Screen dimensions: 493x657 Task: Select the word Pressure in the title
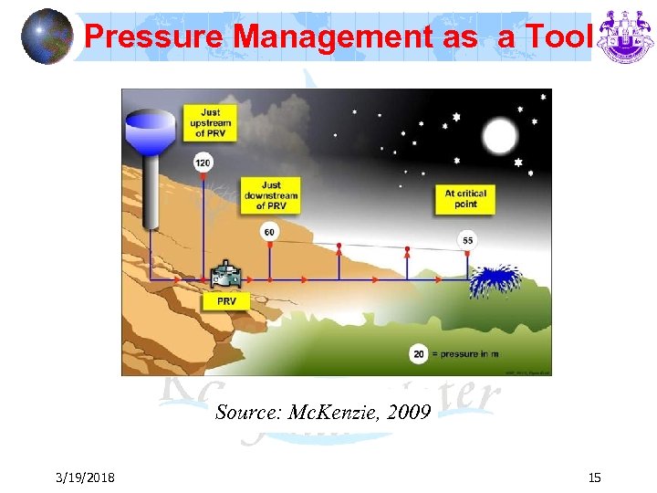point(154,37)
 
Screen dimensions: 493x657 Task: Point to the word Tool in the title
point(561,37)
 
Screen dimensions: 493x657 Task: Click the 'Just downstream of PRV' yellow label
point(270,195)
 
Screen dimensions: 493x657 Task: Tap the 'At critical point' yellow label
point(465,199)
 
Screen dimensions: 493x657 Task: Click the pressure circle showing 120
point(203,163)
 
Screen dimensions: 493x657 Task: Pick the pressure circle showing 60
point(269,232)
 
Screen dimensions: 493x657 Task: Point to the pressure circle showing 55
point(467,240)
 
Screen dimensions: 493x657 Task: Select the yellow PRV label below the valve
point(226,300)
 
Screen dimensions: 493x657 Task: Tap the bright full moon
point(499,138)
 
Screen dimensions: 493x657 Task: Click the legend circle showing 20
point(419,353)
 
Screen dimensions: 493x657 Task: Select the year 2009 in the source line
point(409,413)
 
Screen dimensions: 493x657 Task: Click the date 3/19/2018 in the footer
point(84,477)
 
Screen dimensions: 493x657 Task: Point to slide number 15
point(594,477)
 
